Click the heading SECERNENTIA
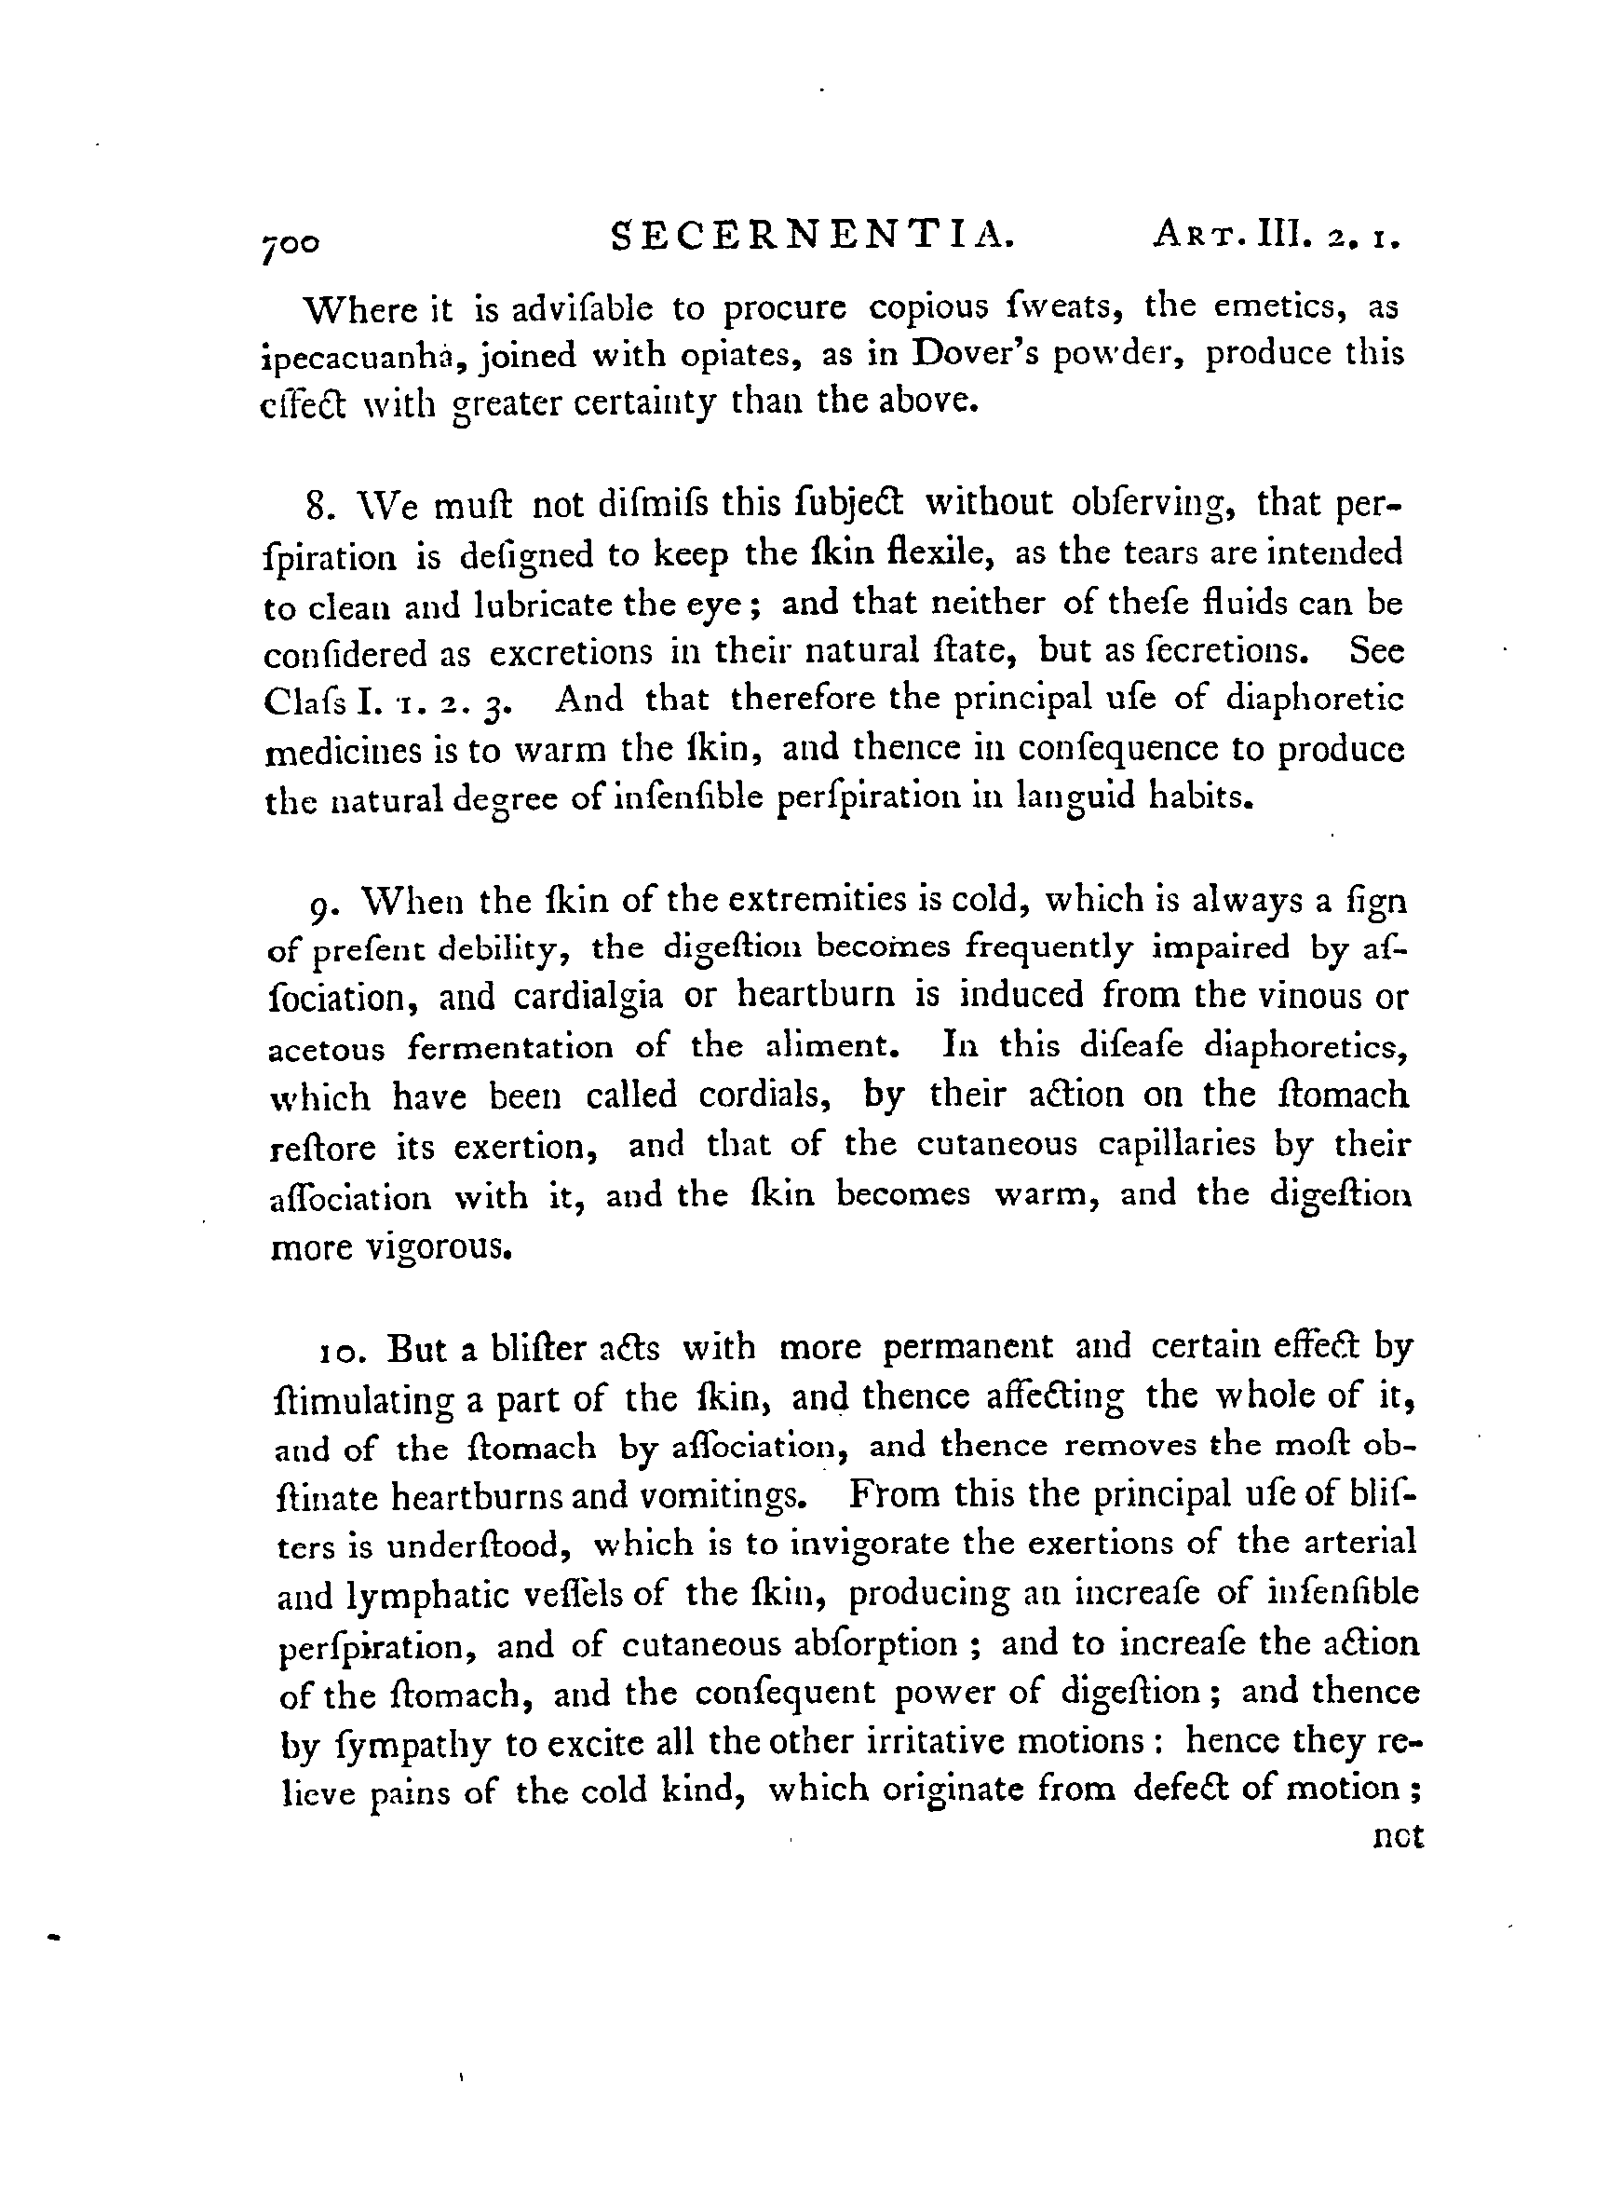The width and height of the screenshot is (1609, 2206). pyautogui.click(x=813, y=237)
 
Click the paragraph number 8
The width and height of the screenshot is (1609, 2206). pyautogui.click(x=315, y=508)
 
